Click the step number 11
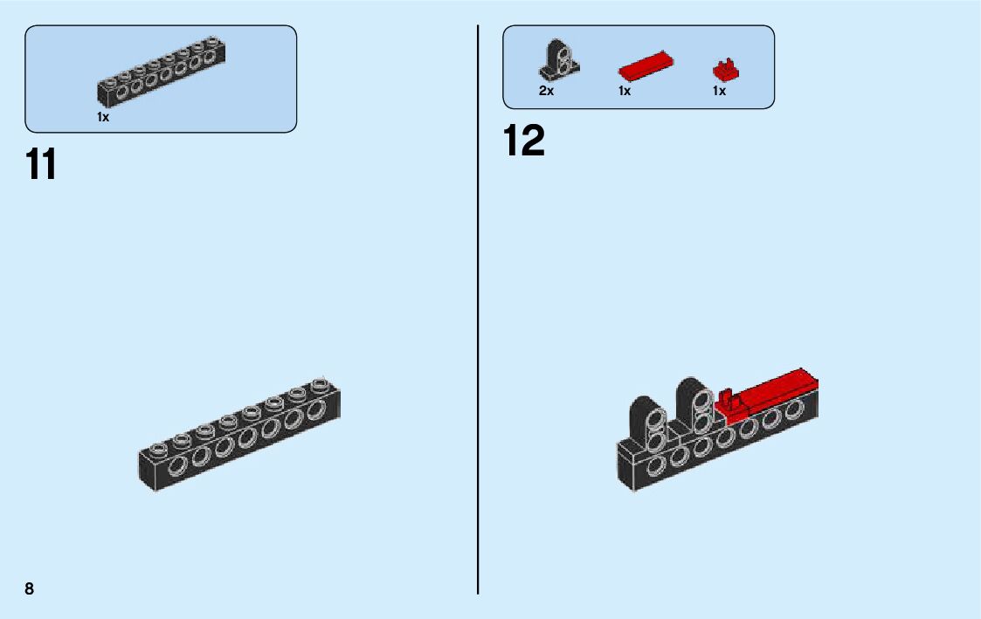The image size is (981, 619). coord(41,164)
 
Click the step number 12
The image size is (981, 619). coord(524,141)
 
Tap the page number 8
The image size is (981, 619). coord(30,588)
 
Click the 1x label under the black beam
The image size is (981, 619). coord(103,117)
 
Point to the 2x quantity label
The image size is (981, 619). coord(546,91)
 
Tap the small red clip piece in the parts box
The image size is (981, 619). coord(722,69)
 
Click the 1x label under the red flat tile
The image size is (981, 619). coord(625,91)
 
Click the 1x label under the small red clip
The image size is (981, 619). coord(719,91)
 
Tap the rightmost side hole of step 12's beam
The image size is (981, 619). coord(795,409)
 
